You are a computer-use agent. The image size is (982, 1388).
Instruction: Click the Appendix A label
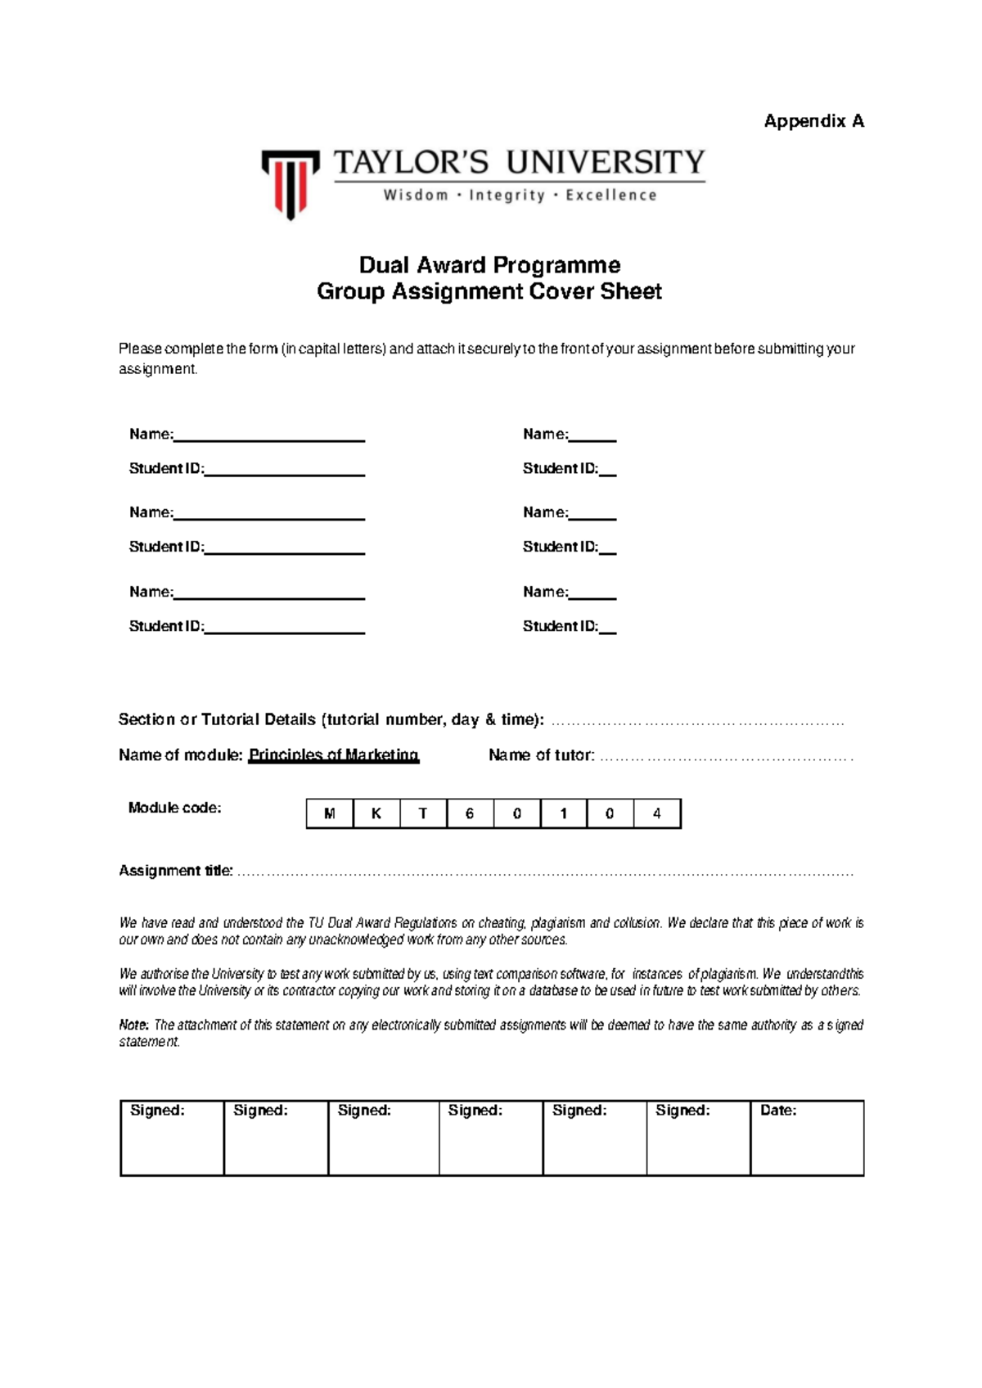point(813,121)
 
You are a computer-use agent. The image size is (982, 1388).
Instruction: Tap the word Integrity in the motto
point(507,196)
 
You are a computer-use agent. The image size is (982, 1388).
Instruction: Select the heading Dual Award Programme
point(489,265)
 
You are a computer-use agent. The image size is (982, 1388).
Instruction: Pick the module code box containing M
point(330,813)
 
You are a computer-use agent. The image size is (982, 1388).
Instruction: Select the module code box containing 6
point(470,813)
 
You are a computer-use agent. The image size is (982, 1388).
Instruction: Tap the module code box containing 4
point(656,813)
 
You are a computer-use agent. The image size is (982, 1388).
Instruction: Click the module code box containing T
point(423,813)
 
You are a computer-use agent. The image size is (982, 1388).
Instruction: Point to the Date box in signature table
point(806,1138)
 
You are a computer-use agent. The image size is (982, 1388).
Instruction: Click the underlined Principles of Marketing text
point(333,755)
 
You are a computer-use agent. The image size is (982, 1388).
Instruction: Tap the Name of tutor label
point(541,755)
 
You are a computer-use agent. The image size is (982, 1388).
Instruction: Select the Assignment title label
point(176,871)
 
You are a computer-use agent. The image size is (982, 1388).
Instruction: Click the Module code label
point(174,808)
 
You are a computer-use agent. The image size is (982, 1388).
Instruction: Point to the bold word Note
point(133,1025)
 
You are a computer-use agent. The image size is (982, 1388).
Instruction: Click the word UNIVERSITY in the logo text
point(605,162)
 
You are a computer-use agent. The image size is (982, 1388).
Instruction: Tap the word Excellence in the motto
point(610,196)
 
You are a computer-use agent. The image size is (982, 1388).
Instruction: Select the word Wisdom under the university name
point(416,196)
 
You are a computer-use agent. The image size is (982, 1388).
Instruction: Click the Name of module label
point(180,755)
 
